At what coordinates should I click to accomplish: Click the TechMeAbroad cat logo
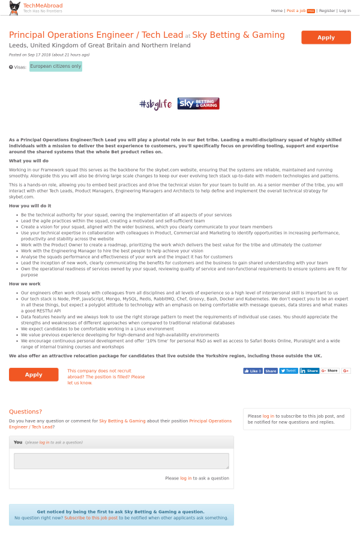point(14,8)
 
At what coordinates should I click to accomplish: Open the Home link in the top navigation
point(277,11)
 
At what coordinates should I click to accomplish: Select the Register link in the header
point(327,11)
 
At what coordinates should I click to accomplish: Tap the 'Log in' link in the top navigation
point(345,11)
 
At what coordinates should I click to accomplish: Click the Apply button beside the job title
point(326,37)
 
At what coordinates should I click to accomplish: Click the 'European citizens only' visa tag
point(56,67)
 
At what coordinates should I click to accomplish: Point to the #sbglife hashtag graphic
point(155,104)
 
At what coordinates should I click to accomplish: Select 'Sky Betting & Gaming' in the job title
point(238,35)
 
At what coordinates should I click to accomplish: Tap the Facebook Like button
point(253,371)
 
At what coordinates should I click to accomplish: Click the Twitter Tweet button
point(289,371)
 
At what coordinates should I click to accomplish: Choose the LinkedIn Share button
point(310,371)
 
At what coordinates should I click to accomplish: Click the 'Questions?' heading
point(25,412)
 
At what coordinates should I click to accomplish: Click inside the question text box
point(121,461)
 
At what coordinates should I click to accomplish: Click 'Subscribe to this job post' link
point(91,518)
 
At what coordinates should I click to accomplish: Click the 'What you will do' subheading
point(29,161)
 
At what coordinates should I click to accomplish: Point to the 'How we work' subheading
point(25,284)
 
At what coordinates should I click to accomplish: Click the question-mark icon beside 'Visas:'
point(11,67)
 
